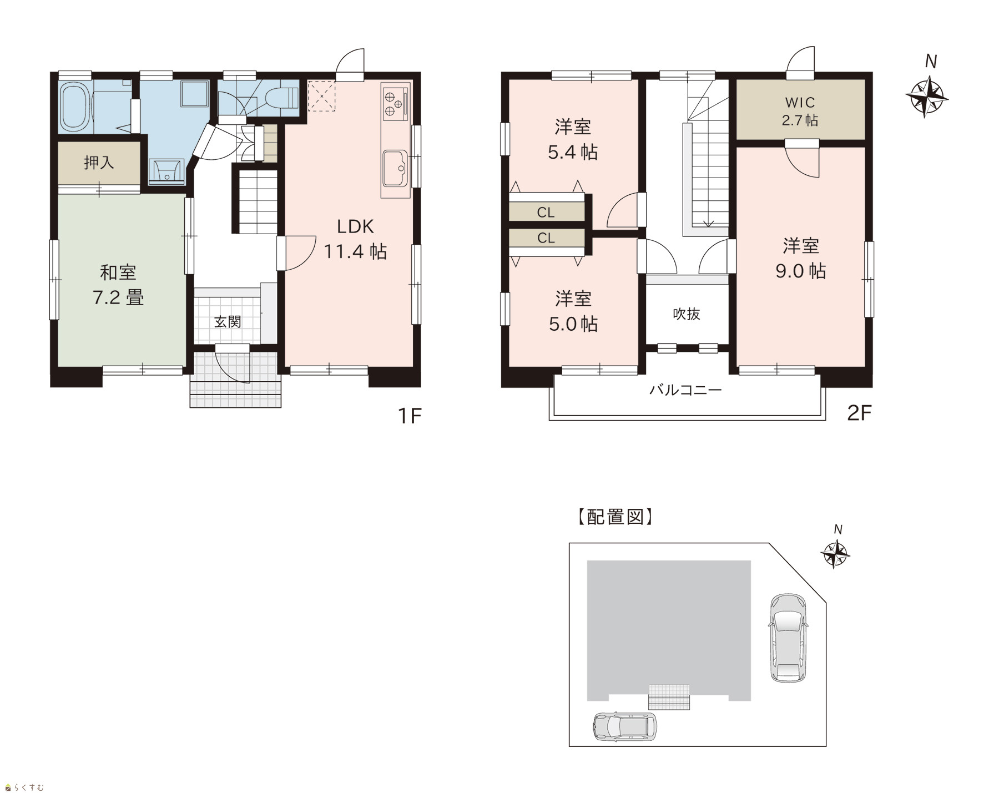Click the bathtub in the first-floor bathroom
(x=74, y=107)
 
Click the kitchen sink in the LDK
(x=395, y=169)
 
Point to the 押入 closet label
(x=99, y=163)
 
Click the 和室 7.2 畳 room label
(x=118, y=285)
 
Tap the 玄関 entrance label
(x=228, y=322)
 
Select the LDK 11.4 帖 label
(x=355, y=239)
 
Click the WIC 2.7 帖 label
(x=800, y=111)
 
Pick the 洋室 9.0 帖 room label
(x=801, y=258)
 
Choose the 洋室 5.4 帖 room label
(x=573, y=139)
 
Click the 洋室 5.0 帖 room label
(x=573, y=311)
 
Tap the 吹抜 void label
(x=687, y=314)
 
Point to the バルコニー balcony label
(x=686, y=390)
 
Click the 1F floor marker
(x=410, y=415)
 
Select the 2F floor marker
(x=859, y=413)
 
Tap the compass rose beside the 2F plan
(x=927, y=97)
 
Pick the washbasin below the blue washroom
(x=167, y=171)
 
